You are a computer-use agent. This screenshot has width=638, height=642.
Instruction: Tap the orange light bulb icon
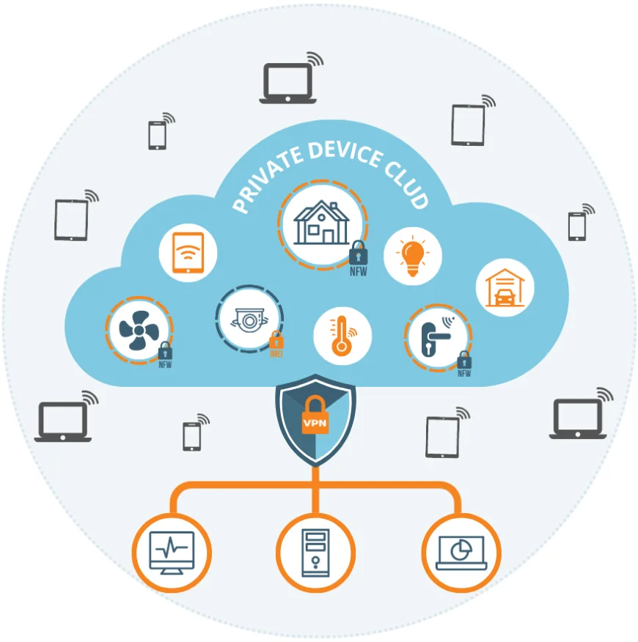point(412,256)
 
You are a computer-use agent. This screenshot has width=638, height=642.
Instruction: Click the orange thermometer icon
point(342,336)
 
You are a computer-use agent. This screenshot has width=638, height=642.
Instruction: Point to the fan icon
point(137,331)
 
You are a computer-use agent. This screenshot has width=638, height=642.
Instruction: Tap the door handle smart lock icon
point(437,336)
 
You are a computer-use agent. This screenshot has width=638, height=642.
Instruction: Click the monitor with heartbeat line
point(172,551)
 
